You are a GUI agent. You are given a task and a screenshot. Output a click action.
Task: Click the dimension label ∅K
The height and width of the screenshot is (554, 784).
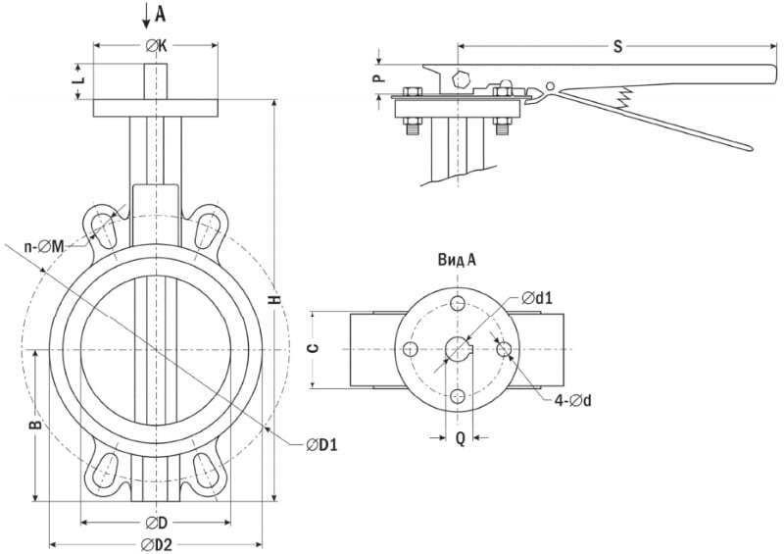(x=156, y=46)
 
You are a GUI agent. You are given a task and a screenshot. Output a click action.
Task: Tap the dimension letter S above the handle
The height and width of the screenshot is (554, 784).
(x=616, y=46)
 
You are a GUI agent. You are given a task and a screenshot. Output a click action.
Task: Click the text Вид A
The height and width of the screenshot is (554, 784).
(x=457, y=260)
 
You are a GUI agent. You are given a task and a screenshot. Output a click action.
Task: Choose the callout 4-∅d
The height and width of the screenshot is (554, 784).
(x=572, y=399)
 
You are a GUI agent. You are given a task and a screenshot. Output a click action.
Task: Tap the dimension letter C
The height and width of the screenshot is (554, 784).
(x=312, y=349)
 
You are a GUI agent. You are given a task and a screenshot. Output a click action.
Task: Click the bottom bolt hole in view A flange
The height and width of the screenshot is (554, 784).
(x=458, y=396)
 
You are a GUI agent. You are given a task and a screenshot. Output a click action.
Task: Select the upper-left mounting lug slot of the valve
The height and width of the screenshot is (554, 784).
(x=103, y=229)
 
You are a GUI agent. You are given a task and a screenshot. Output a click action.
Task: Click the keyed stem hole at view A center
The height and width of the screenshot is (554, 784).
(x=458, y=349)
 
